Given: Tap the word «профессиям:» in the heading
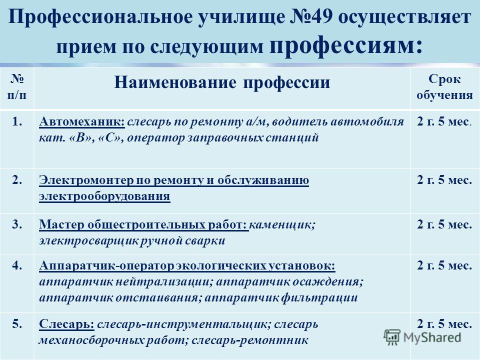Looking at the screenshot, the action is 346,45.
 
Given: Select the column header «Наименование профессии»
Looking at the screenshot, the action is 222,82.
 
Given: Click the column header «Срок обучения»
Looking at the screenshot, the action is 444,87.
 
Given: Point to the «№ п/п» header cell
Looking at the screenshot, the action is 17,87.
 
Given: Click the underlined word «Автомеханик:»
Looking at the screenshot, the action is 82,121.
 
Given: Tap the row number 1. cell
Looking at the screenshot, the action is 17,122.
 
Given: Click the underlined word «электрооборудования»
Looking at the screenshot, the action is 104,196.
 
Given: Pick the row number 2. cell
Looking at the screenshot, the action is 17,180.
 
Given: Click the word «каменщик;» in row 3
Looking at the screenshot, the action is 282,225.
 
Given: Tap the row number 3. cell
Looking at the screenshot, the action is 17,224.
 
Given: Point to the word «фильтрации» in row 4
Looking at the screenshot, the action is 319,297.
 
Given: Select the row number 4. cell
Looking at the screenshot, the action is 17,265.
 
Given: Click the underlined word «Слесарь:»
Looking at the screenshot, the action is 66,324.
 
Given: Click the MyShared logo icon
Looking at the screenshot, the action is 392,337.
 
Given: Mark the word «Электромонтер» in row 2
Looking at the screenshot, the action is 86,180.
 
